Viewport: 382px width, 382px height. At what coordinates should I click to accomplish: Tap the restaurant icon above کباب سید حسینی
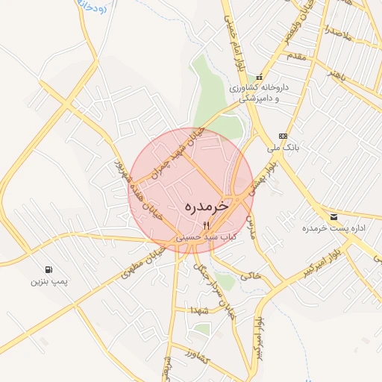pyautogui.click(x=207, y=224)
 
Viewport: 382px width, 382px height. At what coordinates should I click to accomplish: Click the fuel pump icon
pyautogui.click(x=48, y=269)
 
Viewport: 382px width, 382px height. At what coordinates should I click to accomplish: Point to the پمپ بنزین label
pyautogui.click(x=48, y=281)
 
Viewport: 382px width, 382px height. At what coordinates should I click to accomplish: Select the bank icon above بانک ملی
pyautogui.click(x=282, y=136)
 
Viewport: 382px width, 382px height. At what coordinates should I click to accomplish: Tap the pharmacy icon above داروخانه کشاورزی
pyautogui.click(x=259, y=77)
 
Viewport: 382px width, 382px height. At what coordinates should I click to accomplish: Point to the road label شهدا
pyautogui.click(x=197, y=309)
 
